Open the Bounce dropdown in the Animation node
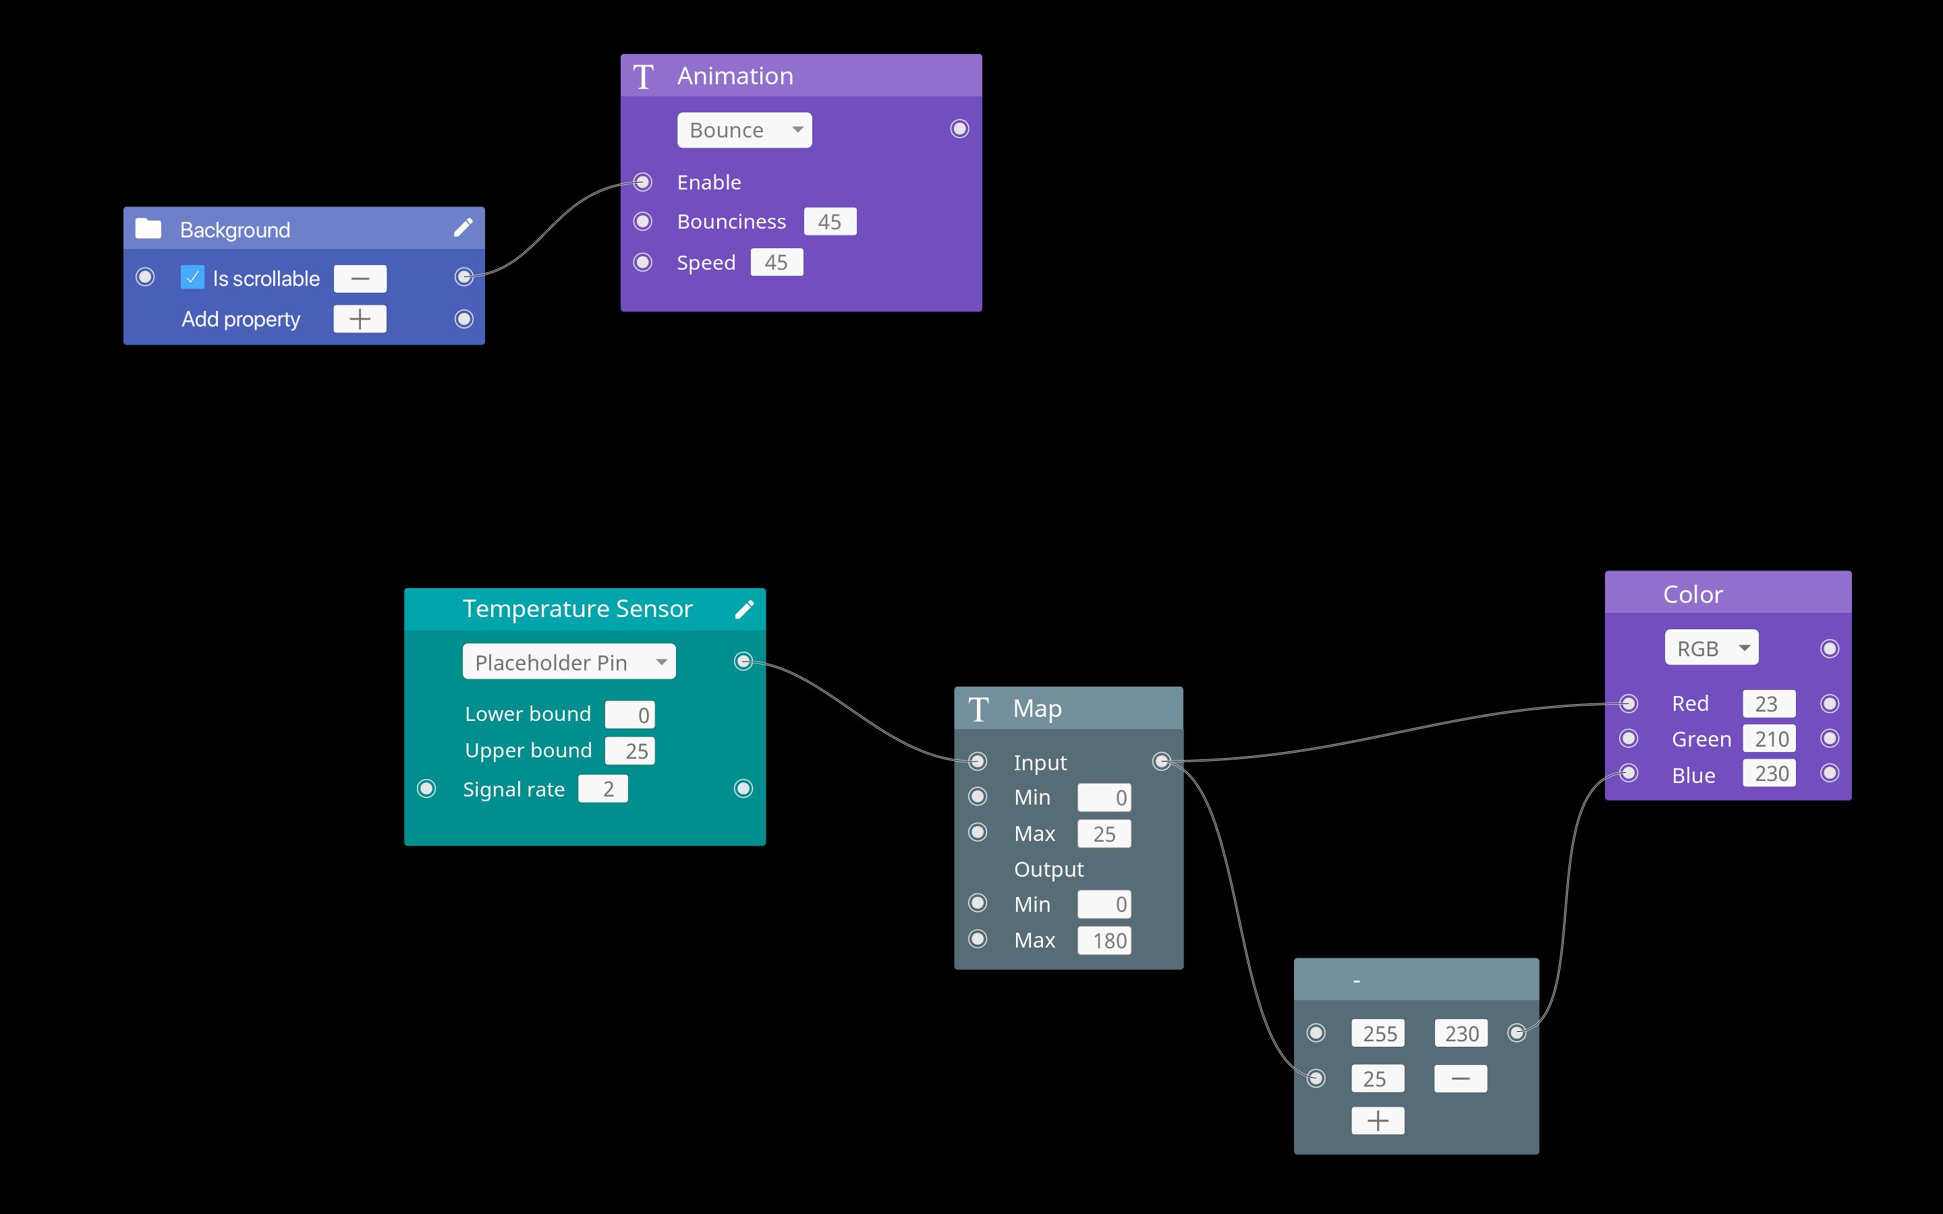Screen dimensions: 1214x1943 744,130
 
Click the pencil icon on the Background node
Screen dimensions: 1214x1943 463,228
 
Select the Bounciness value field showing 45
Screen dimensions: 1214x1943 829,222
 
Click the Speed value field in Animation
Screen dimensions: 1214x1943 777,262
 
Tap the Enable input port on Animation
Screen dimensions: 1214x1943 643,182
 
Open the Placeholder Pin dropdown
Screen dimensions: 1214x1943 569,662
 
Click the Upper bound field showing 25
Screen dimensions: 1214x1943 630,751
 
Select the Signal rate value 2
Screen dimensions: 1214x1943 603,789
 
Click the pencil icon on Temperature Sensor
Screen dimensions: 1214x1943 744,610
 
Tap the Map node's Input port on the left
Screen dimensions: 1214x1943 977,761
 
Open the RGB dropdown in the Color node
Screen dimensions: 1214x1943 1711,648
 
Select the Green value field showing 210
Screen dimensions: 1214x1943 1769,739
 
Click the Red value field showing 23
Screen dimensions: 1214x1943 1769,704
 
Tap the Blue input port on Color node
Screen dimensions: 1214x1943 1628,773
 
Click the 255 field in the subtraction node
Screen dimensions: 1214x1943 1378,1033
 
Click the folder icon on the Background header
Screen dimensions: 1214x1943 148,229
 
